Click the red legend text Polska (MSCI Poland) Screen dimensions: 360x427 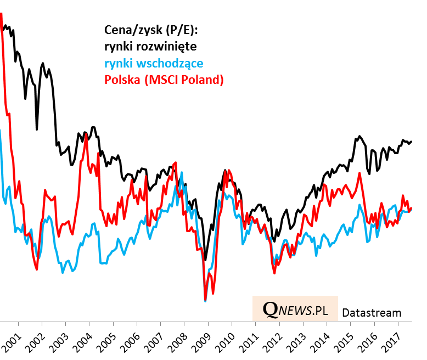coord(164,80)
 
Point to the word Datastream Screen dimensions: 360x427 coord(372,313)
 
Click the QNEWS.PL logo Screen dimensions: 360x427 coord(295,310)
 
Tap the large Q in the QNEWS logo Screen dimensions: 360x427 coord(270,310)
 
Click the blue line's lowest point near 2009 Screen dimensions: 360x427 coord(205,301)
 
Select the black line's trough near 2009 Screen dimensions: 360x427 coord(205,260)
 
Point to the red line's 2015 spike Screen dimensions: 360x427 coord(359,173)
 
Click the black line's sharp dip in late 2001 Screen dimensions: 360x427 coord(37,129)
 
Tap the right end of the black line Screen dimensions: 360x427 coord(412,141)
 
